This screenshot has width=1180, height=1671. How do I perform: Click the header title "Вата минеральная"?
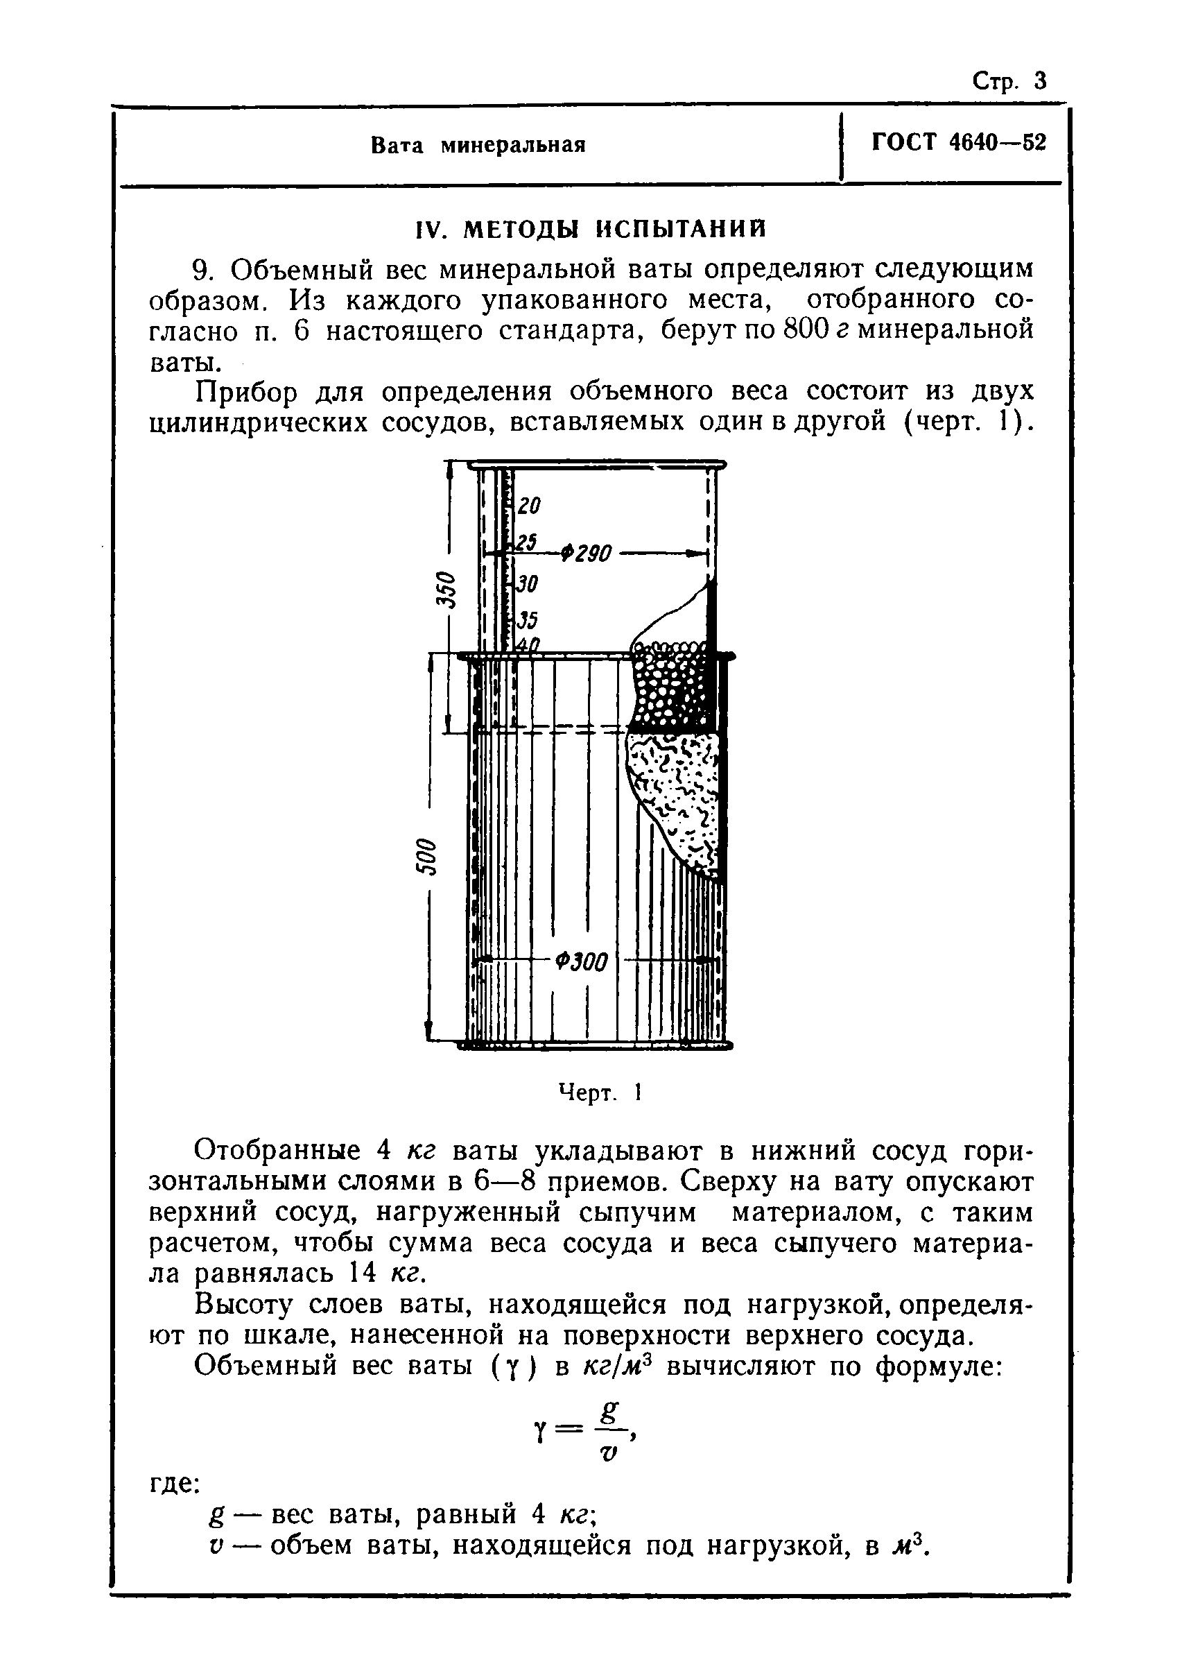tap(478, 146)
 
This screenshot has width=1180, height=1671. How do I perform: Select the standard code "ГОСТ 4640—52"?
tap(958, 143)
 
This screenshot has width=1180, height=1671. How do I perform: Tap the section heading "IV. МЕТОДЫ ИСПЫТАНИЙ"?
tap(590, 230)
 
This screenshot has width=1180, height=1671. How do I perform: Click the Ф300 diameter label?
tap(580, 962)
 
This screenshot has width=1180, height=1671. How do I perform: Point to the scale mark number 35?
tap(527, 620)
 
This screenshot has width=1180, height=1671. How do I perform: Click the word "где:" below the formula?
tap(174, 1482)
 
